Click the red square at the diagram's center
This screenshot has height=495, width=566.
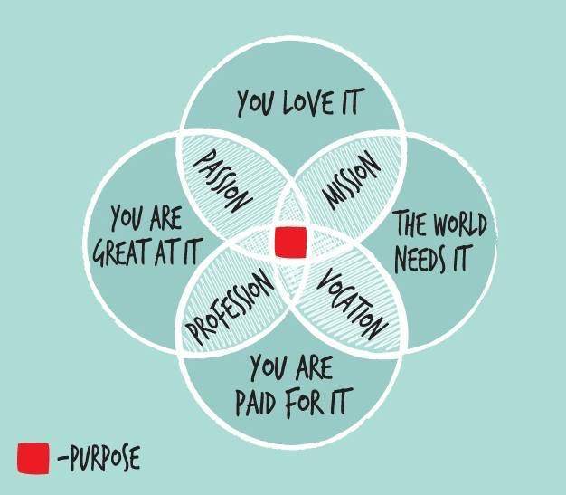[290, 242]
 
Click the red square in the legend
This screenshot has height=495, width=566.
[33, 457]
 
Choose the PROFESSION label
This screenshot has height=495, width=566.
[230, 306]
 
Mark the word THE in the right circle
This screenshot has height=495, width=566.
[409, 224]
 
